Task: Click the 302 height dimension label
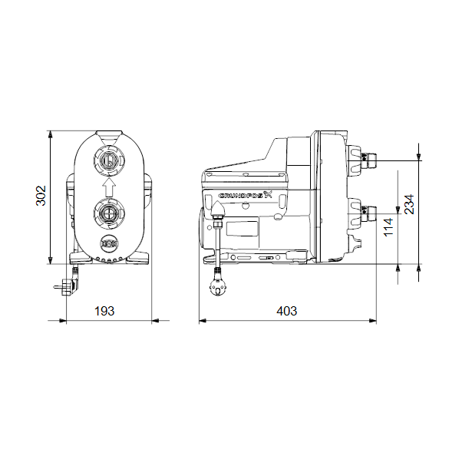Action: (41, 196)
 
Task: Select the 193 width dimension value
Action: (104, 311)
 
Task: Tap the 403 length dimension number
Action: (287, 311)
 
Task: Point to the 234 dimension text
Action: (409, 204)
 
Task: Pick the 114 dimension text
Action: (388, 227)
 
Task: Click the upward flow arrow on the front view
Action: (109, 187)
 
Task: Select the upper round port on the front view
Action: (109, 160)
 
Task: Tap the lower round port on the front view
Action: (109, 213)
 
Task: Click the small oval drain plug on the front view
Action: (109, 244)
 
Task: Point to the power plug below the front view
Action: (68, 282)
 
